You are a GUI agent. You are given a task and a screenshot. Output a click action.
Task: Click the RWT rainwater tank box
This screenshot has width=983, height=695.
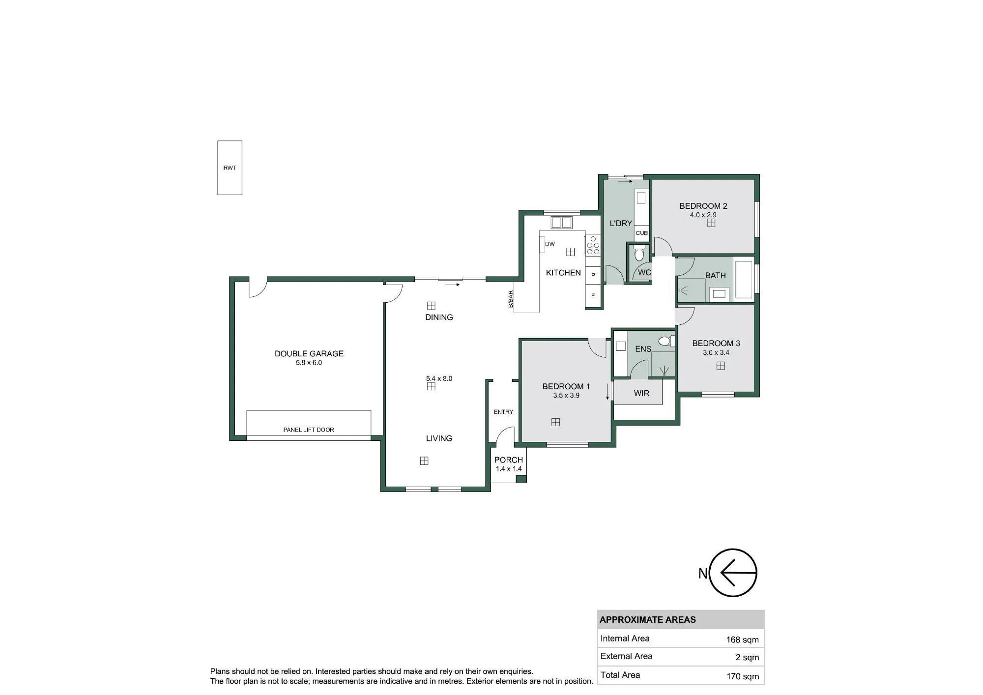click(x=230, y=168)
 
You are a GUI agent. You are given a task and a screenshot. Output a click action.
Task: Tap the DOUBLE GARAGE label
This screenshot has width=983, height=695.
click(x=309, y=353)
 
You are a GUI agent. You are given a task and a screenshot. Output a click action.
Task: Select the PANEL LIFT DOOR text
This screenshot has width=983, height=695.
click(x=309, y=430)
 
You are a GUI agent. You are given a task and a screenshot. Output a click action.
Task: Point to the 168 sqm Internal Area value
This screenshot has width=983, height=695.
click(x=742, y=639)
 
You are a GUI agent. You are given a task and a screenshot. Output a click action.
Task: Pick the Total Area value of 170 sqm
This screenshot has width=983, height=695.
click(x=743, y=676)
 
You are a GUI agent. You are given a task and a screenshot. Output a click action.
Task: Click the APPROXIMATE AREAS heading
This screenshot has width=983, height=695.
click(x=648, y=620)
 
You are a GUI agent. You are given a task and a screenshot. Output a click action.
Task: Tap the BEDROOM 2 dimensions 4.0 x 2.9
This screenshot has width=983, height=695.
click(x=703, y=215)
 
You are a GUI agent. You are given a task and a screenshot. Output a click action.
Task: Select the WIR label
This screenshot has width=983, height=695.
click(x=641, y=393)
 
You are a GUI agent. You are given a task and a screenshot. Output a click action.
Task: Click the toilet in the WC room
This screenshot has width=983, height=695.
click(x=639, y=253)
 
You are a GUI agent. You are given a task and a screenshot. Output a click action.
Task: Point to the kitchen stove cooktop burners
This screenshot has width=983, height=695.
click(x=593, y=245)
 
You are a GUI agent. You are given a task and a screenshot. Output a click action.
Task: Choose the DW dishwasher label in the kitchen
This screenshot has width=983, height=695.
click(x=550, y=244)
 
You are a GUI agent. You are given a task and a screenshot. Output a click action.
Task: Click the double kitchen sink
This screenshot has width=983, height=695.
click(x=562, y=223)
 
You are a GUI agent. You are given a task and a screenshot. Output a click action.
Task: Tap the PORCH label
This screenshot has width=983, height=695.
click(x=509, y=460)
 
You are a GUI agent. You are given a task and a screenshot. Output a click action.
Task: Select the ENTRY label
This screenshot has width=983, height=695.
click(x=503, y=412)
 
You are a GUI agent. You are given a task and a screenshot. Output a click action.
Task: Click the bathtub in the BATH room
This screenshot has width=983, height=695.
click(x=744, y=280)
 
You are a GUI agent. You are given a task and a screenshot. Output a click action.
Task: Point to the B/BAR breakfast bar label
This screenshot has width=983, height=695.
click(x=511, y=299)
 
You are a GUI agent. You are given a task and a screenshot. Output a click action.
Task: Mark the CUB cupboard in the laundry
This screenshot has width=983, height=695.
click(x=642, y=233)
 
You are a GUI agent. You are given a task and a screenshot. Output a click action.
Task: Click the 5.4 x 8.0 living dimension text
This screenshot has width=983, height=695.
click(x=439, y=378)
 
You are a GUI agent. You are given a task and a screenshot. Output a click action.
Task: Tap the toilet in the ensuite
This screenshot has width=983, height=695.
click(x=666, y=341)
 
